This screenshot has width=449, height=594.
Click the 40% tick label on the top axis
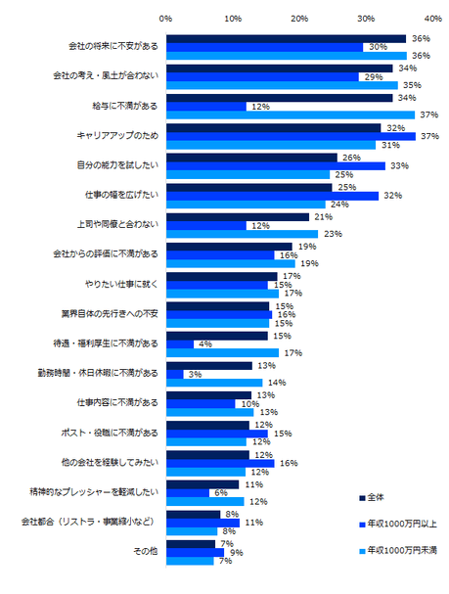431,18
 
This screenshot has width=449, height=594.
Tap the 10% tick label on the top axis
233,18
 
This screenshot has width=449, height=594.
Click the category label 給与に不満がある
119,106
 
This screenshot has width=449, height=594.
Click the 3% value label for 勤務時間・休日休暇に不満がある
196,374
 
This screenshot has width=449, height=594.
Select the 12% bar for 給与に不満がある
205,106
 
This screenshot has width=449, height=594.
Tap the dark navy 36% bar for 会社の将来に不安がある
286,38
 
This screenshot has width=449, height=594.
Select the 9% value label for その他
236,553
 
